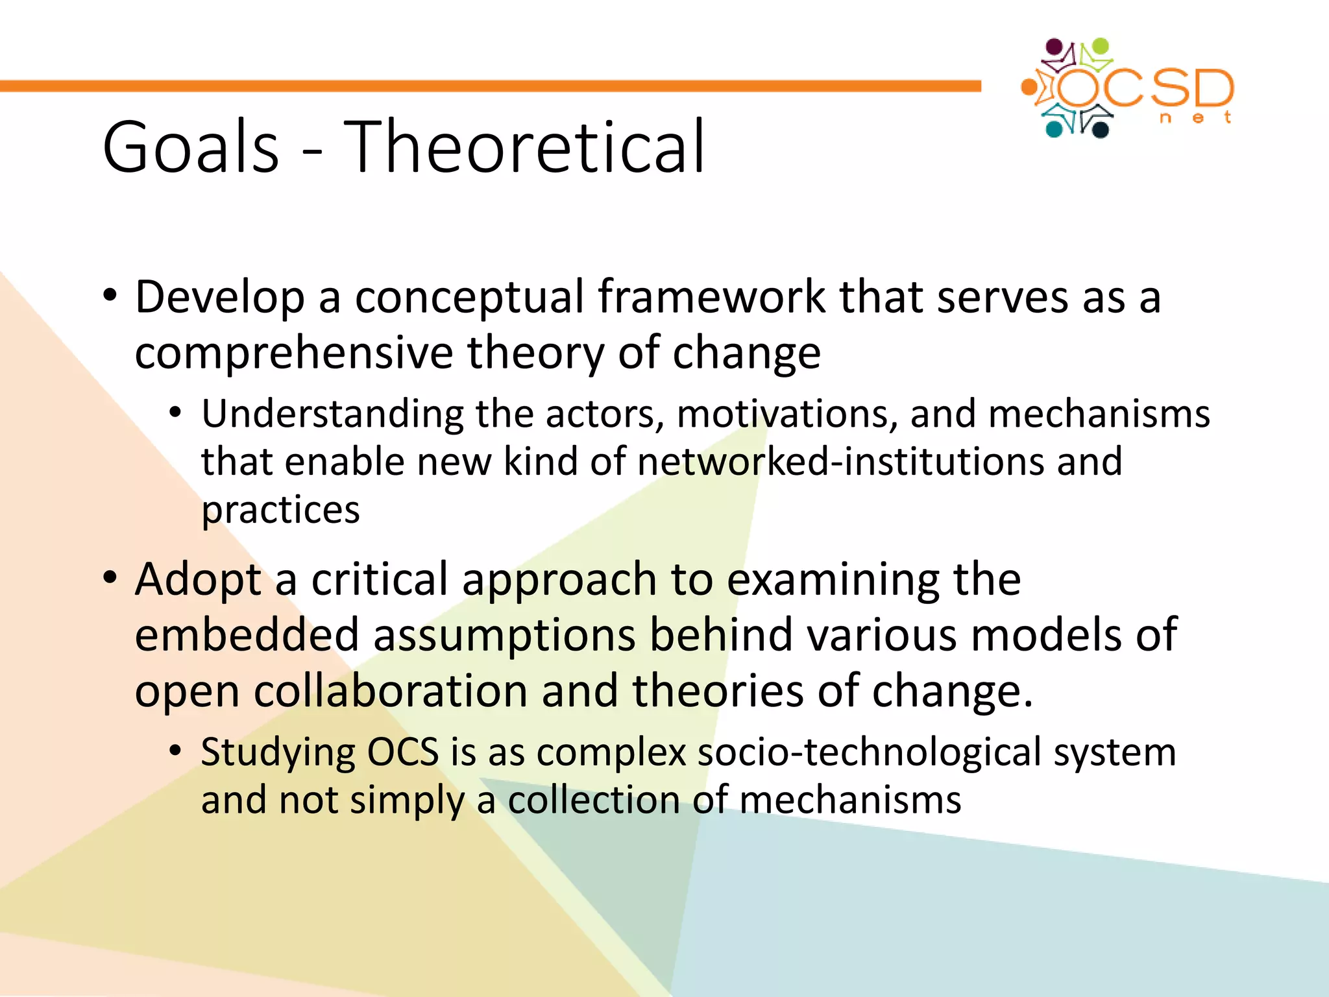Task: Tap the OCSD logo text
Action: pos(1145,88)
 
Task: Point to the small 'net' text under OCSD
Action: pos(1195,118)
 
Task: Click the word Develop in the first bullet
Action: pos(219,298)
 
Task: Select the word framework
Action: pos(711,296)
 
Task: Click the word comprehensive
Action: pos(293,354)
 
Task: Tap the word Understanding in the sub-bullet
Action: pos(332,414)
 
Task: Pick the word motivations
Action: pos(787,414)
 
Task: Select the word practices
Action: pos(280,511)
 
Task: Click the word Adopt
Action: pos(198,579)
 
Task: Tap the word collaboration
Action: pos(390,691)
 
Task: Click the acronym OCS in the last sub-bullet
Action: pos(403,752)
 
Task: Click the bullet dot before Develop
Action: pos(110,296)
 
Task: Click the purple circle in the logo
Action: pos(1056,48)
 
